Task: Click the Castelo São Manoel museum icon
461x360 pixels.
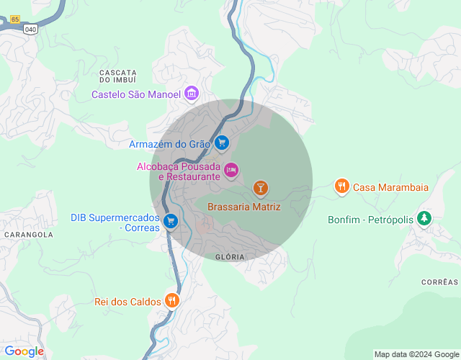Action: [x=192, y=94]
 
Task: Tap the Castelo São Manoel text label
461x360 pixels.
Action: [x=136, y=94]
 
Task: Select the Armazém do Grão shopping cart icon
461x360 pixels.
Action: [x=222, y=143]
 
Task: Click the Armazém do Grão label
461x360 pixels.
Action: [x=169, y=143]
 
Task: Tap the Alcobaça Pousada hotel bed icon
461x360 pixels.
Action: [x=230, y=170]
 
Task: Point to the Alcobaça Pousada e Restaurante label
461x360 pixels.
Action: [x=179, y=171]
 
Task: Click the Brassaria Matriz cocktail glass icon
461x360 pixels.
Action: [x=260, y=189]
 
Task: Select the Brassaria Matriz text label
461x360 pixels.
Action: [x=243, y=207]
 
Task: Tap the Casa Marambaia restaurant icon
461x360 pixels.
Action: [x=341, y=187]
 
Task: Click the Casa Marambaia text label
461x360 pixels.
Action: [x=390, y=187]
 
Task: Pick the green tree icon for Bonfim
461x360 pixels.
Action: [x=425, y=217]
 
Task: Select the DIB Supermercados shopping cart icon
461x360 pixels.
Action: [x=170, y=220]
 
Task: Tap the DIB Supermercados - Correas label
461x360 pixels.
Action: [x=115, y=222]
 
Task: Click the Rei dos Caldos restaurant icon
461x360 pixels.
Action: [x=171, y=300]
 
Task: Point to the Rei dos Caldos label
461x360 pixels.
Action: [x=127, y=302]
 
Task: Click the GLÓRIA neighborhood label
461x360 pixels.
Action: [x=230, y=257]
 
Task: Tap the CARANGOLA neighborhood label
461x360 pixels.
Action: [x=29, y=235]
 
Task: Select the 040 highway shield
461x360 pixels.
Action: [x=30, y=28]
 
